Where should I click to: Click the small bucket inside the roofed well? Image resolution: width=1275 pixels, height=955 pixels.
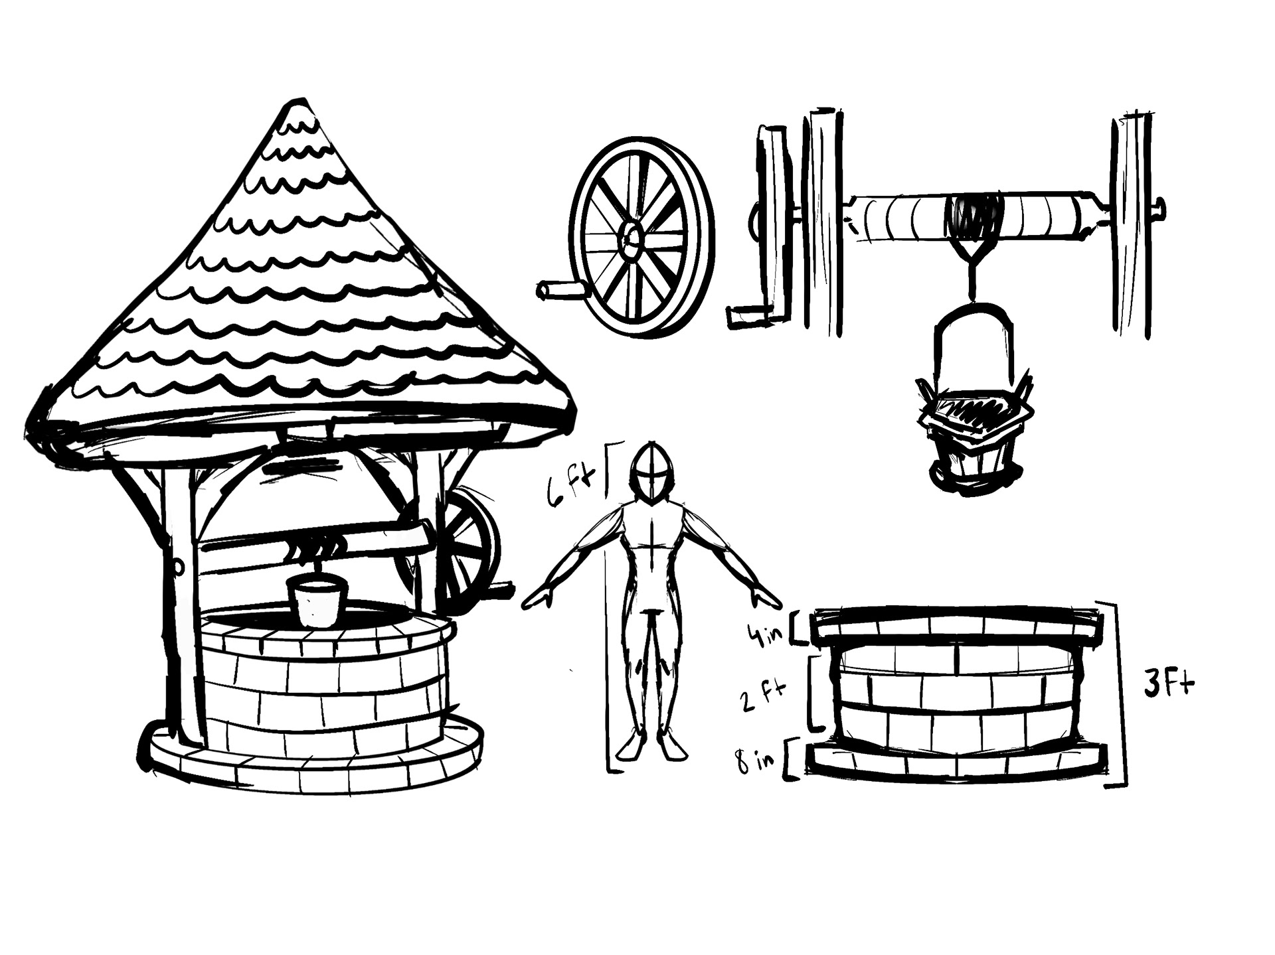[x=316, y=601]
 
